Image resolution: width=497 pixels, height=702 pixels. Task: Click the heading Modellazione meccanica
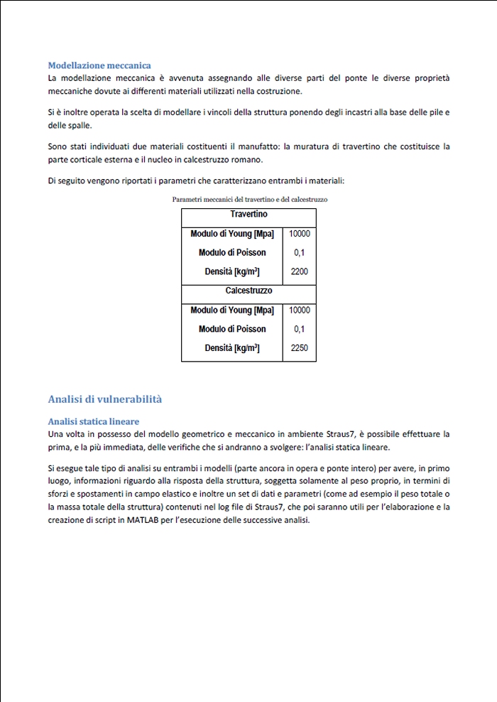point(99,65)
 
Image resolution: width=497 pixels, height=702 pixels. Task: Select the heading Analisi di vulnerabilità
point(105,399)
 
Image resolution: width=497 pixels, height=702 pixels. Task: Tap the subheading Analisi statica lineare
point(93,421)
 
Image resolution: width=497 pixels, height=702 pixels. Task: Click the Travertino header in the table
point(248,214)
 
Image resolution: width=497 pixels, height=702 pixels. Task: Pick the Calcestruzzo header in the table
point(248,291)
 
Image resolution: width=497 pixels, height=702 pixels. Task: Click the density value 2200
point(300,271)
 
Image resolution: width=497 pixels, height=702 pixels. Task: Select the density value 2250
point(300,348)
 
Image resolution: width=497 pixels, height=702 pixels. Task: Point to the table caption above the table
point(249,200)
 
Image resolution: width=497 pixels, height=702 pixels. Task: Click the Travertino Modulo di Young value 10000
point(300,233)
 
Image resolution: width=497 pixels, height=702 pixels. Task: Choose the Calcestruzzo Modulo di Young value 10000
point(300,310)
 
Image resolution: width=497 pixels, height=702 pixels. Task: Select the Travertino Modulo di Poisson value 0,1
point(300,252)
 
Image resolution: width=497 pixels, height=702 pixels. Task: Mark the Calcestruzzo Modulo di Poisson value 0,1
point(300,329)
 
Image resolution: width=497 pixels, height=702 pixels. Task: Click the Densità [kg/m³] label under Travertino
point(232,271)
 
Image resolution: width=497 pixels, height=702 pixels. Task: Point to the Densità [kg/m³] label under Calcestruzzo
point(232,348)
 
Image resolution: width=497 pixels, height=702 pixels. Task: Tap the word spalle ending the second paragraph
point(77,125)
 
